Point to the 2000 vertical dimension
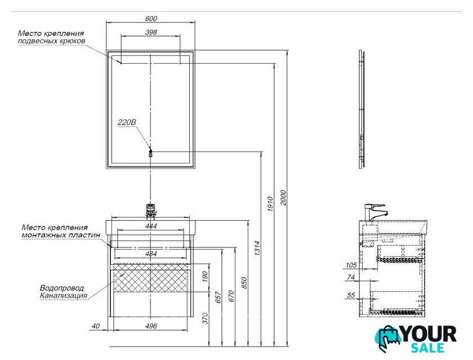pyautogui.click(x=283, y=197)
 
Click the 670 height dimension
pyautogui.click(x=230, y=295)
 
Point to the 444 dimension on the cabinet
pyautogui.click(x=150, y=226)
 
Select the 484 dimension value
pyautogui.click(x=150, y=254)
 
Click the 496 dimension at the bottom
pyautogui.click(x=150, y=326)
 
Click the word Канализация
pyautogui.click(x=63, y=295)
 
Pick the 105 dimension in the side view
pyautogui.click(x=350, y=264)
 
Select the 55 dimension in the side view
pyautogui.click(x=350, y=295)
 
